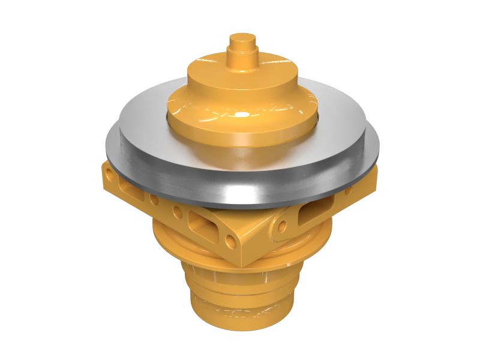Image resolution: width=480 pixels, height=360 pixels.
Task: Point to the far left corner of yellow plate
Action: pos(102,174)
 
